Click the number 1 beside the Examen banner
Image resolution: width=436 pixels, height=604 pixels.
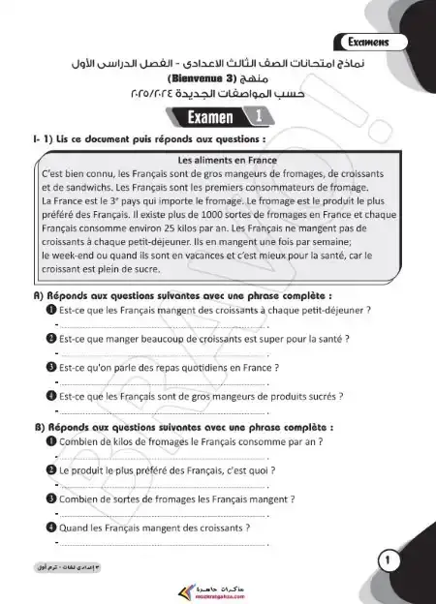click(x=260, y=117)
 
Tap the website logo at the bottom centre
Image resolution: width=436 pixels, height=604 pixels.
click(x=216, y=585)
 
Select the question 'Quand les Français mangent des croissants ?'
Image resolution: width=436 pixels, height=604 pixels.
click(x=154, y=528)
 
